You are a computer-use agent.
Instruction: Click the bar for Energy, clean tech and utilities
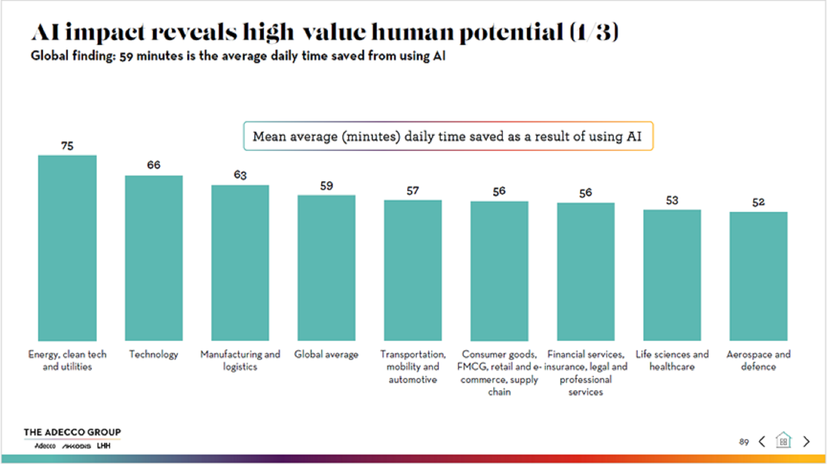tap(67, 248)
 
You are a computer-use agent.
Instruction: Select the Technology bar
tap(154, 258)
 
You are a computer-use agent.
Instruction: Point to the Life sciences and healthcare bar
tap(672, 275)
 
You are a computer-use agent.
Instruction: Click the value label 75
tap(67, 146)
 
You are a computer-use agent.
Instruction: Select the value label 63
tap(240, 175)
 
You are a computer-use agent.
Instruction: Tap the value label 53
tap(672, 200)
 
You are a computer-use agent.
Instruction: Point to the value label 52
tap(758, 202)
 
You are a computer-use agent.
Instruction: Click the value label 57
tap(413, 191)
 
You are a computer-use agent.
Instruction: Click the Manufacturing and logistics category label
tap(240, 360)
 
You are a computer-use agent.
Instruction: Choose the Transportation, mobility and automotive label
tap(413, 366)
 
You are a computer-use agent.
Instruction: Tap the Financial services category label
tap(586, 373)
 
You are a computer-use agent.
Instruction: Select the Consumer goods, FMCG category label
tap(499, 373)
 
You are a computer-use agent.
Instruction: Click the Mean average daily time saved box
tap(448, 136)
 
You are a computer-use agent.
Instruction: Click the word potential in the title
tap(511, 32)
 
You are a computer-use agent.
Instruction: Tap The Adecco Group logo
tap(72, 438)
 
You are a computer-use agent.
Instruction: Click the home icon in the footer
tap(783, 440)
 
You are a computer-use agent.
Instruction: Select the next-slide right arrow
tap(806, 441)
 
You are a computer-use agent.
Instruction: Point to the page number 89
tap(744, 442)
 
